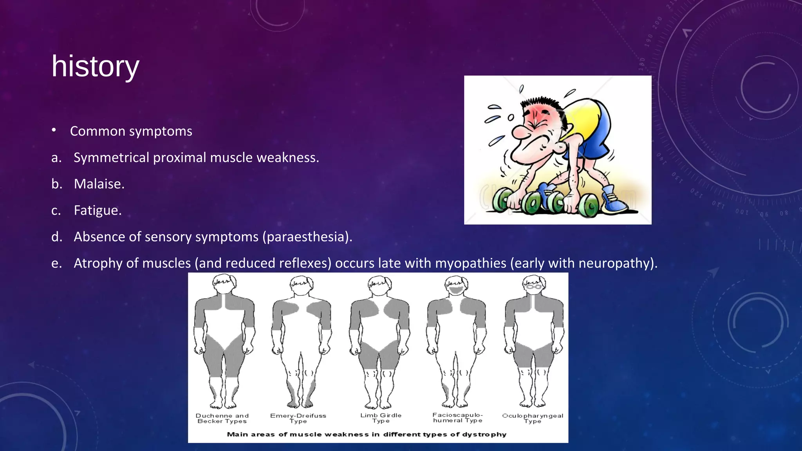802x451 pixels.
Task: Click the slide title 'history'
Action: [x=95, y=67]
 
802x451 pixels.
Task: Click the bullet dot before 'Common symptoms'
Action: [x=54, y=130]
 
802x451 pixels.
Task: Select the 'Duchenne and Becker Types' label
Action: [x=222, y=419]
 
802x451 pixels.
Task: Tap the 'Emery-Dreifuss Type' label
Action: [x=298, y=419]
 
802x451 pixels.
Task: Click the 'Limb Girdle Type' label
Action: [x=381, y=418]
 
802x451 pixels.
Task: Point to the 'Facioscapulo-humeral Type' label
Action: [x=457, y=418]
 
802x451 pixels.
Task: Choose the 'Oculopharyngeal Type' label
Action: [x=533, y=418]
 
